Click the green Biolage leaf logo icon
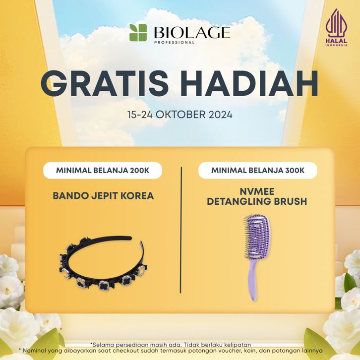tap(138, 33)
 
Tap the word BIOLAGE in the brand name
tap(192, 32)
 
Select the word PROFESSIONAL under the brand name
tap(174, 42)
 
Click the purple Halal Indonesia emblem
tap(336, 27)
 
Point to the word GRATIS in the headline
tap(105, 83)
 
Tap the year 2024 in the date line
tap(220, 115)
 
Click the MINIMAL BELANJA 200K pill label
tap(103, 171)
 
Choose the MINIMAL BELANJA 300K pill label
tap(258, 171)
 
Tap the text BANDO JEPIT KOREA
tap(103, 196)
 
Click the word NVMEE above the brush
tap(257, 191)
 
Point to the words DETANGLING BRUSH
tap(257, 201)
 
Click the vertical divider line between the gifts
tap(181, 230)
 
